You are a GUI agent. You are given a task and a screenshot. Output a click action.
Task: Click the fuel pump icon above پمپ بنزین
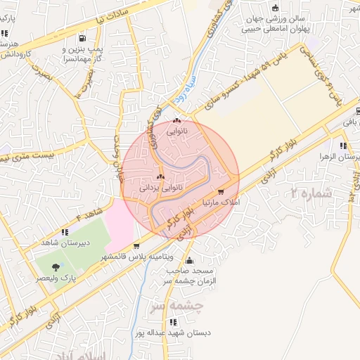coord(84,38)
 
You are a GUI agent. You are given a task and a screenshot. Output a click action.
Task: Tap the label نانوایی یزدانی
coord(162,188)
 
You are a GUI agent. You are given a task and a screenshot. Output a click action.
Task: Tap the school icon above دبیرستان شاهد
coord(64,231)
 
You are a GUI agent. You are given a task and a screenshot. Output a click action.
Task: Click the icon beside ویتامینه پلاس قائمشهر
coord(135,246)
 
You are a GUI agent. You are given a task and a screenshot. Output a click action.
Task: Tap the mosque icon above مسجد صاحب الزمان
coord(188,261)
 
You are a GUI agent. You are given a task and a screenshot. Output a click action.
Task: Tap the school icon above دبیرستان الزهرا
coord(342,146)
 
